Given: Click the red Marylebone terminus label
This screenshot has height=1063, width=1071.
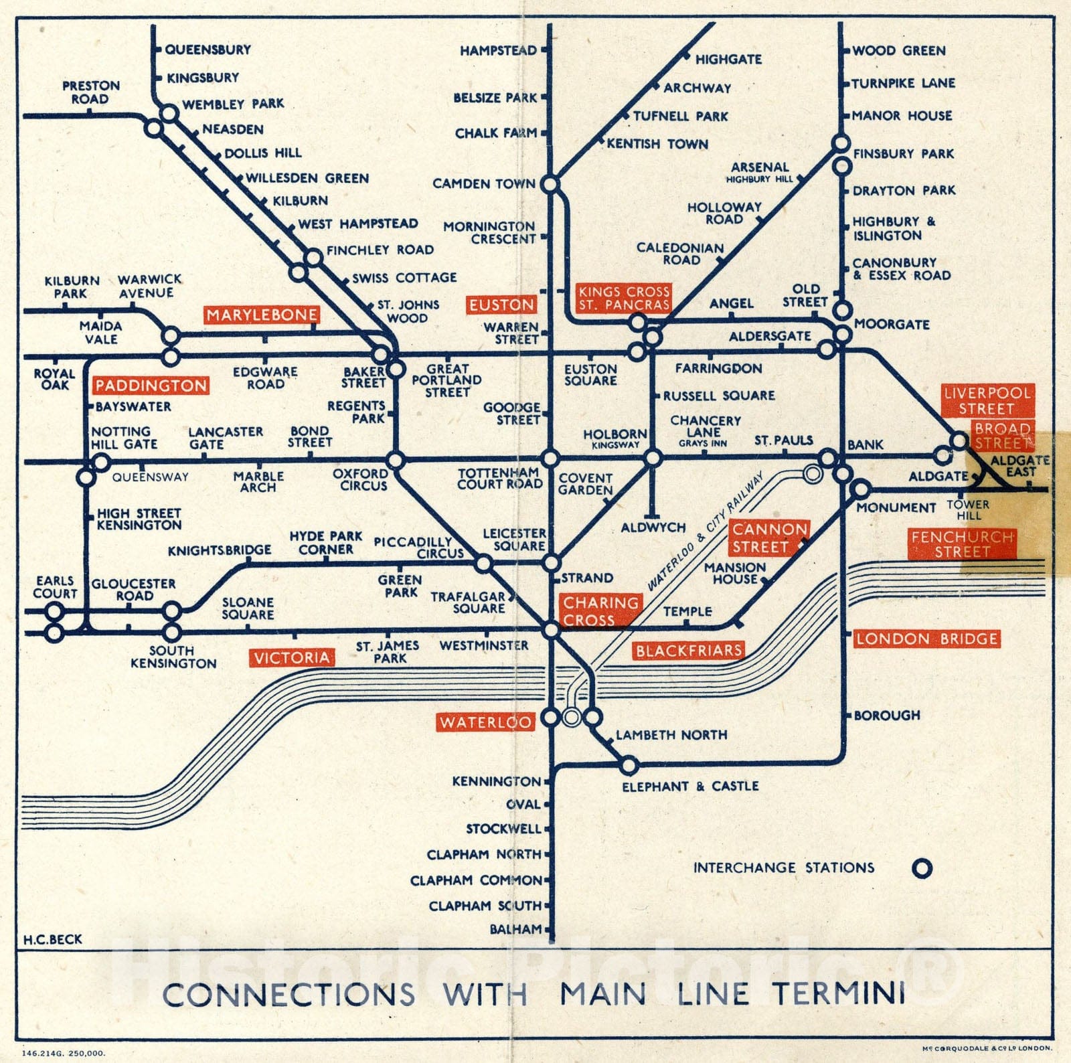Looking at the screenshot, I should click(262, 315).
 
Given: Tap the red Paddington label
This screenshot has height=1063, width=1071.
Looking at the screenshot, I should click(151, 386).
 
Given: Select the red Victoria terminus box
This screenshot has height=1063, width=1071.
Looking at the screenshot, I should click(292, 658).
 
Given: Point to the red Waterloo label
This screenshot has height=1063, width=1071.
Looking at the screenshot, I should click(485, 722).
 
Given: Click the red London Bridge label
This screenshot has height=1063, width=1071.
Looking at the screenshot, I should click(927, 639).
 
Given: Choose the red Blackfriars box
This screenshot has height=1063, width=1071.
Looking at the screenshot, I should click(688, 650).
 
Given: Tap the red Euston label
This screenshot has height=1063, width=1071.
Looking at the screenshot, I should click(501, 305).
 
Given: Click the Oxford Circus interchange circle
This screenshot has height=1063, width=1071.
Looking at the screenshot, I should click(396, 461).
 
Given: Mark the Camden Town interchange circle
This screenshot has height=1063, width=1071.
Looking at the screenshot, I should click(550, 184).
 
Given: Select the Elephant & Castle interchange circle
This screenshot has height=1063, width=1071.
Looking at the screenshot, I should click(629, 764).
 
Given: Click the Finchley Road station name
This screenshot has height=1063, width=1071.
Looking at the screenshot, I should click(380, 250).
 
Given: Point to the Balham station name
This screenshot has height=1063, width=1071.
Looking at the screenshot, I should click(515, 929).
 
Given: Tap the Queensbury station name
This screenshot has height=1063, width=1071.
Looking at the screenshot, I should click(208, 50).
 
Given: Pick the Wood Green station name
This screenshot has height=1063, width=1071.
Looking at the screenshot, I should click(898, 51).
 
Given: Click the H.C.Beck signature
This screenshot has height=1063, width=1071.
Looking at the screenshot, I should click(53, 939).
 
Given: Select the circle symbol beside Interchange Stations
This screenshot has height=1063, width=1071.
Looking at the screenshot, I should click(922, 868).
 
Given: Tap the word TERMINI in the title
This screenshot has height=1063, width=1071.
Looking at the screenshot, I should click(839, 994).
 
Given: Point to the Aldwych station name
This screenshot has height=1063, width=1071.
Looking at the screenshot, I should click(653, 527).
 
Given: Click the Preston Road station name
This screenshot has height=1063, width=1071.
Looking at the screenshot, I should click(91, 92).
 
